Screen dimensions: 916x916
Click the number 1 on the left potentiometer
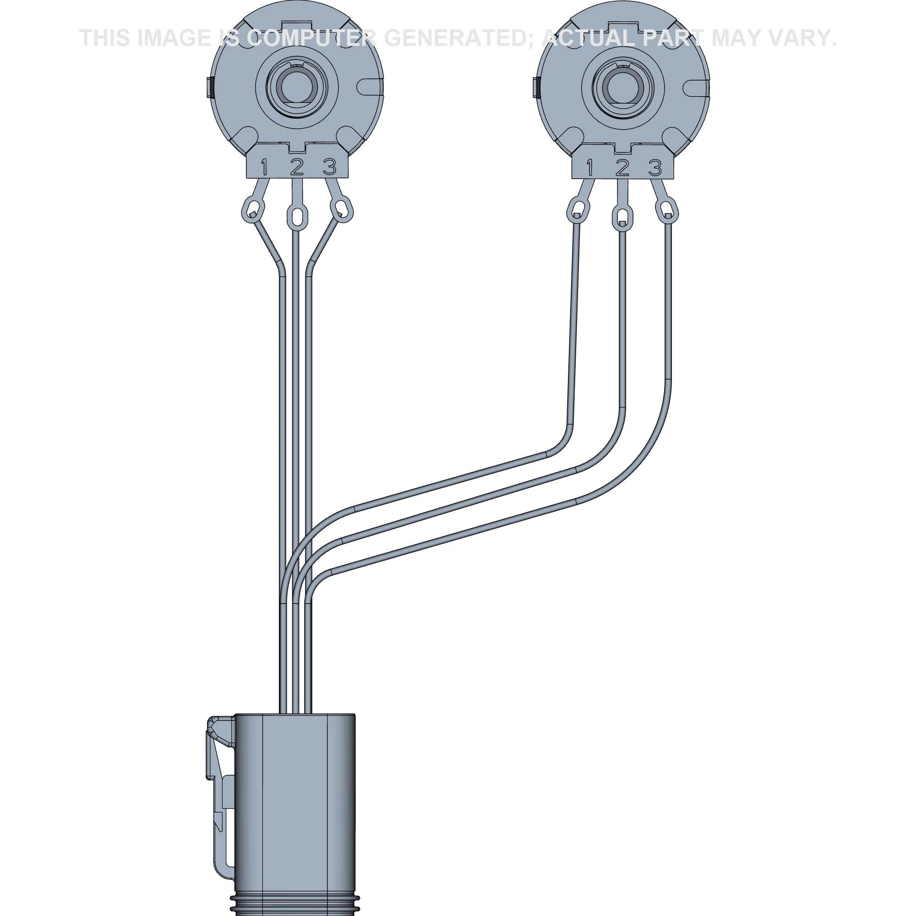click(x=264, y=167)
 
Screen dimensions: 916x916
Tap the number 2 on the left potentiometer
click(x=297, y=166)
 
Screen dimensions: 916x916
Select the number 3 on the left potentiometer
click(x=329, y=166)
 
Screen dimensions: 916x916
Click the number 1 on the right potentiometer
click(x=590, y=167)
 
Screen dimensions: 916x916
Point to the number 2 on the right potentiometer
click(x=622, y=167)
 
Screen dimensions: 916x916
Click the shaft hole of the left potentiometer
click(x=296, y=87)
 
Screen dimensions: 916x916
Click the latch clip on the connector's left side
click(x=219, y=778)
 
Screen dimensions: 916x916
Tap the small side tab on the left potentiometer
click(x=210, y=87)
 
